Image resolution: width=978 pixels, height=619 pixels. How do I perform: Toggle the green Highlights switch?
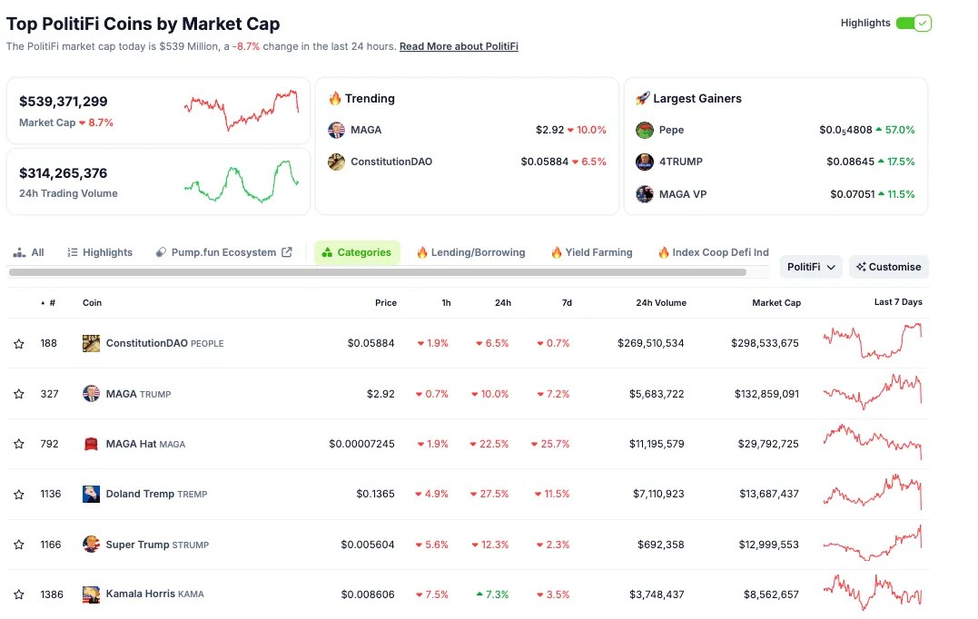(x=914, y=23)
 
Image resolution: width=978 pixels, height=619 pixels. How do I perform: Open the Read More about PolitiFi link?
(x=459, y=46)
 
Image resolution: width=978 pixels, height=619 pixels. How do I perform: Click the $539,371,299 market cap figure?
(x=63, y=102)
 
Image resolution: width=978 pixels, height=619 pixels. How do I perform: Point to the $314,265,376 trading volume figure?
(x=63, y=173)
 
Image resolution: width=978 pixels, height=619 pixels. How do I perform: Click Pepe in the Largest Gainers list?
(x=671, y=130)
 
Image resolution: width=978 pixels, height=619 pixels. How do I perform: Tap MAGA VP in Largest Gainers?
(x=683, y=194)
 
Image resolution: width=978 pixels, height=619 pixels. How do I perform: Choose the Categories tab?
(x=357, y=252)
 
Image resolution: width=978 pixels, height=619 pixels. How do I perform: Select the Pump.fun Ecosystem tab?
(x=224, y=252)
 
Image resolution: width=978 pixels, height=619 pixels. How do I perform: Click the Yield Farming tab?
(x=592, y=252)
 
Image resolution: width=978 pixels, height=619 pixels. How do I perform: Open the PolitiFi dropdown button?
(x=811, y=267)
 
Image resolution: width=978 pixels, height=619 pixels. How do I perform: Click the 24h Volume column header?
(x=661, y=302)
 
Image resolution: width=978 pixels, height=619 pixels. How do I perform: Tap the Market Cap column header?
(x=776, y=302)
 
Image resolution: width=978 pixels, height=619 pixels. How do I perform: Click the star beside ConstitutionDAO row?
(x=19, y=343)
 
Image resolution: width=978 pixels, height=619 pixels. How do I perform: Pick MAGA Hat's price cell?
(x=361, y=444)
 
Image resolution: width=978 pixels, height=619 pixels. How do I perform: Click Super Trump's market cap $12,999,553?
(x=768, y=545)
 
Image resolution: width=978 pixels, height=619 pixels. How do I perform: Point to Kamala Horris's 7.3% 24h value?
(x=492, y=594)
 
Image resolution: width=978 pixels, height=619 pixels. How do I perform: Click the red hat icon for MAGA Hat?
(x=91, y=444)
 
